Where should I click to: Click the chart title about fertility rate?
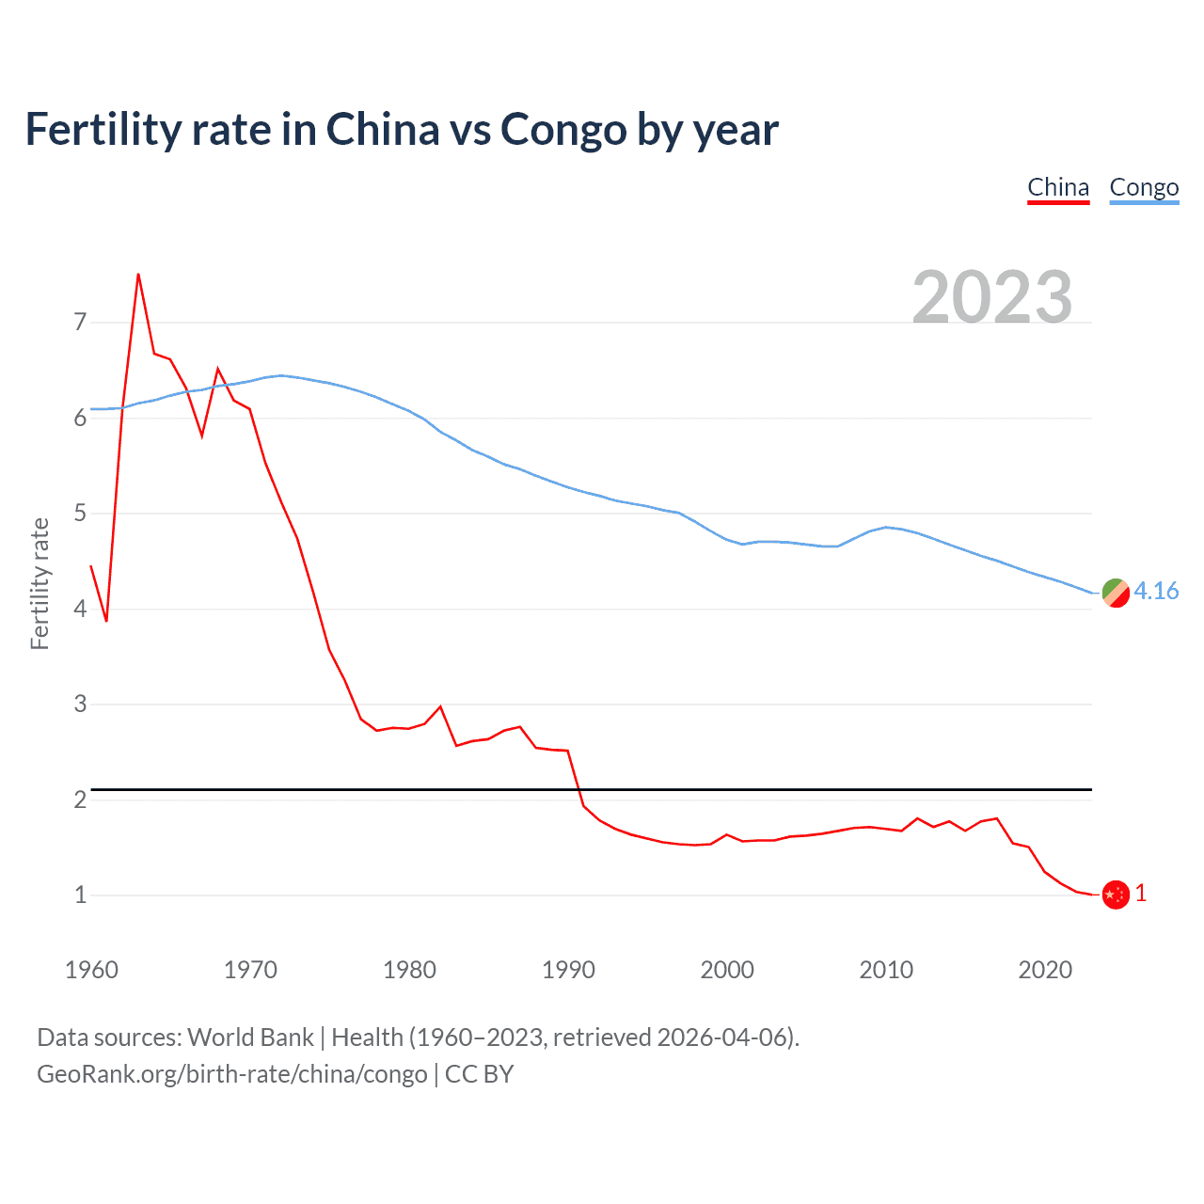pos(402,130)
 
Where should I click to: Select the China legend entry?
pos(1058,187)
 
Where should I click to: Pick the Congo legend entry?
pos(1144,187)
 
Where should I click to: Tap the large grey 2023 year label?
pos(992,297)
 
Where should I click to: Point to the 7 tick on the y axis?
pos(80,323)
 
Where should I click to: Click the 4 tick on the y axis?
pos(80,609)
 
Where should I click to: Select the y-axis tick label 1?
pos(80,895)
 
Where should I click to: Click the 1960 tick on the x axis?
pos(91,970)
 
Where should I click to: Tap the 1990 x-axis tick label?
pos(568,970)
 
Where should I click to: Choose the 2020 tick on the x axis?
pos(1045,970)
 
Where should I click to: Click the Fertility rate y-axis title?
pos(40,583)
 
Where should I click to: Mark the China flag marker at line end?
pos(1116,895)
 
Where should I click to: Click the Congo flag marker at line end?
pos(1116,594)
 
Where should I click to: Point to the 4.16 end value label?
pos(1156,591)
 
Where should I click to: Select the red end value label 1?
pos(1141,894)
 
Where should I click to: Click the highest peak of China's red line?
pos(138,275)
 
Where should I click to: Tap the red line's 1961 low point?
pos(106,621)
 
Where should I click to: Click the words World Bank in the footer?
pos(250,1038)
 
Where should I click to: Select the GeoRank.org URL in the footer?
pos(231,1074)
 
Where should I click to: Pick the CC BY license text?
pos(479,1074)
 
